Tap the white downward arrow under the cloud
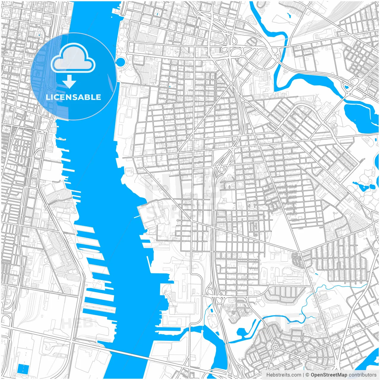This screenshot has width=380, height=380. tap(69, 82)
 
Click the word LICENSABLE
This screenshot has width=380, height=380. tap(73, 97)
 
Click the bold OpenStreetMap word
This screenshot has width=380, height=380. tap(329, 375)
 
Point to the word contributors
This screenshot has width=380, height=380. tap(362, 375)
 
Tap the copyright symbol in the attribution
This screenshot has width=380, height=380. tap(308, 375)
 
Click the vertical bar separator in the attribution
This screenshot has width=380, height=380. tap(303, 375)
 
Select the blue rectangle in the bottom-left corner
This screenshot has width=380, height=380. tap(23, 369)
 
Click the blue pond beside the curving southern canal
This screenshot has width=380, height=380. tap(241, 332)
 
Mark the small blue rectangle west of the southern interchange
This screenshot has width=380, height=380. tap(211, 310)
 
